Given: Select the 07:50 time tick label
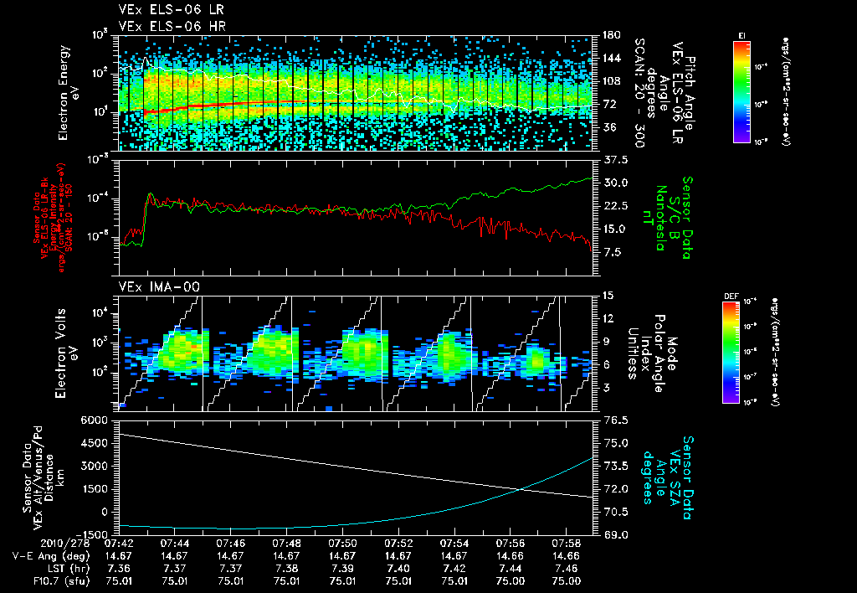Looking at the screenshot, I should (x=342, y=544).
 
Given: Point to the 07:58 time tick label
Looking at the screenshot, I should (x=567, y=544).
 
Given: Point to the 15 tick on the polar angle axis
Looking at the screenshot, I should (x=607, y=295).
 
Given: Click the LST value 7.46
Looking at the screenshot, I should (x=567, y=568).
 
